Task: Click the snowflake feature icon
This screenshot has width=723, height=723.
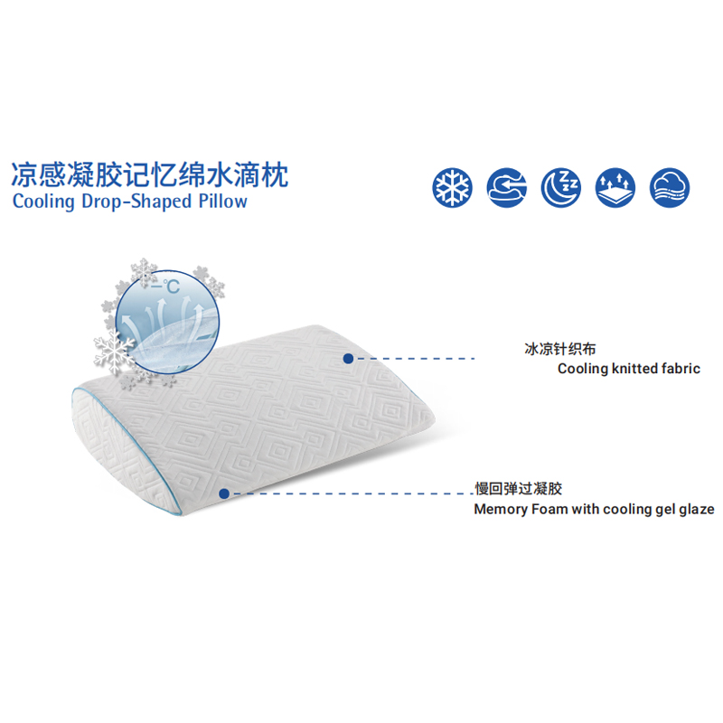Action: tap(453, 188)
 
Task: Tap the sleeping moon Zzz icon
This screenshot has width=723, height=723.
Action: tap(560, 188)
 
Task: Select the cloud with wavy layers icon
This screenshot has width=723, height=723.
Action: tap(670, 188)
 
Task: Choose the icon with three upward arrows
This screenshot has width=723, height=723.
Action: tap(615, 188)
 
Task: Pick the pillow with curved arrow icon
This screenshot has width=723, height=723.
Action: tap(507, 188)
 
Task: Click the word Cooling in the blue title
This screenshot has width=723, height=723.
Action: tap(43, 202)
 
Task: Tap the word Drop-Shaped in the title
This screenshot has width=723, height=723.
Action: tap(136, 202)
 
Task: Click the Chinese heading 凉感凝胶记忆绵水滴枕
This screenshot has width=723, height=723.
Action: tap(150, 174)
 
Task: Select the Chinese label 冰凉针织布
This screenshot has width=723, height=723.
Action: tap(559, 349)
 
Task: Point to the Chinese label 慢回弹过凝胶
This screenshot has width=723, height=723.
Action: tap(518, 489)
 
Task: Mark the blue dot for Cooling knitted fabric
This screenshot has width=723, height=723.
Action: tap(349, 358)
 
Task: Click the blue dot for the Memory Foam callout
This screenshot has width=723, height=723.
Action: tap(224, 493)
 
